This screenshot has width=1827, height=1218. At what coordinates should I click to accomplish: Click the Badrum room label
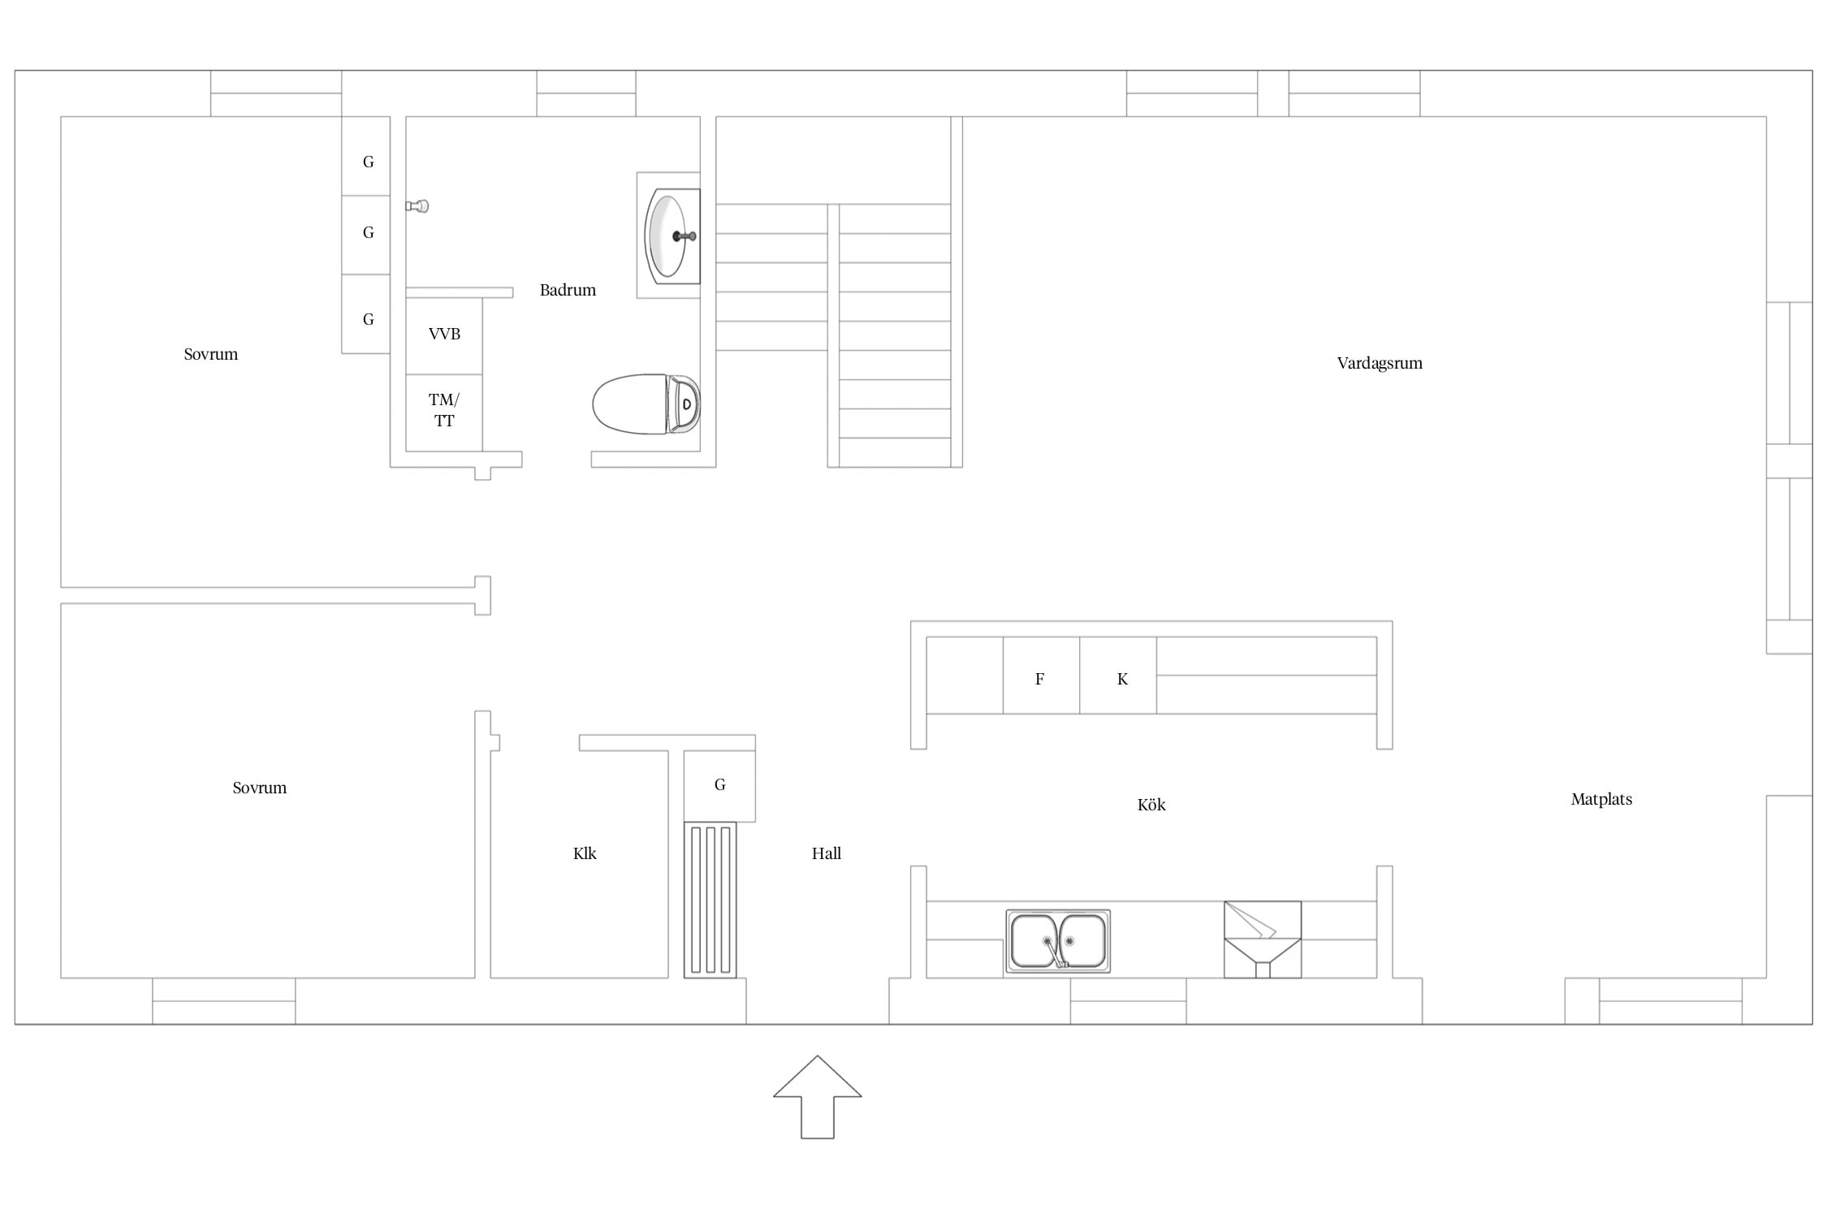(x=568, y=290)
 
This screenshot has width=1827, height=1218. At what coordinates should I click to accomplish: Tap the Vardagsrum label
(x=1380, y=364)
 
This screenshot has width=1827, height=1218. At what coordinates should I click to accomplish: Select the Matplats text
(x=1601, y=799)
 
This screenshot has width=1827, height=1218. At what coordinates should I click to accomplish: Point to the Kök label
(x=1151, y=805)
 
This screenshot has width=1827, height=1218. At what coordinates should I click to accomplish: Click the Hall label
(x=827, y=853)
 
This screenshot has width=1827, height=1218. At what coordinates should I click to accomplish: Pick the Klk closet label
(x=585, y=853)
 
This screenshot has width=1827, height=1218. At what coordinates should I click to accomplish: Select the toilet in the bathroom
(x=646, y=404)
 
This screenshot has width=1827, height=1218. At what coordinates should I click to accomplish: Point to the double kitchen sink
(x=1058, y=941)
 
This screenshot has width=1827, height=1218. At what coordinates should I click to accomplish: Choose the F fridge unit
(x=1041, y=676)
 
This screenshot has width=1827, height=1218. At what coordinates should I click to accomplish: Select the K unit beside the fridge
(x=1118, y=676)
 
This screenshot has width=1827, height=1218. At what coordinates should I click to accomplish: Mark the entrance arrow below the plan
(x=818, y=1097)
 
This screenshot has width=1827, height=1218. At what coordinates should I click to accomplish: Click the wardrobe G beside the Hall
(x=719, y=785)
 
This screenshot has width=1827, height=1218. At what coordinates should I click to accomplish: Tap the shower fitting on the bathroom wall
(x=417, y=206)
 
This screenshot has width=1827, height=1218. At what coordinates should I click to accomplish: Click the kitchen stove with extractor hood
(x=1263, y=939)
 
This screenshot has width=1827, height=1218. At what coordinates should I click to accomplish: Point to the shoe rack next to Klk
(x=710, y=900)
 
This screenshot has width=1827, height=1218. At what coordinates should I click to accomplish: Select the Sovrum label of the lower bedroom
(x=260, y=788)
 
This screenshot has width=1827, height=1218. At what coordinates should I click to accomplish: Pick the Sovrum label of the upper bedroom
(x=211, y=354)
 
